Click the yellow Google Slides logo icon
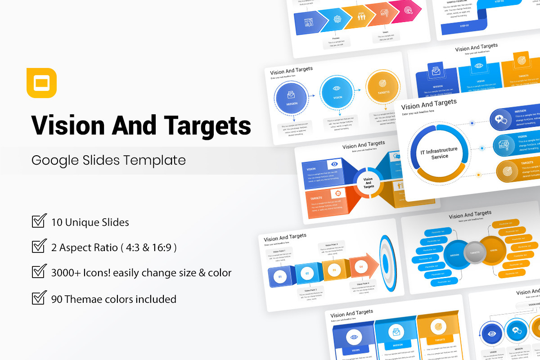coord(41,83)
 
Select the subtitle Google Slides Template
coord(108,160)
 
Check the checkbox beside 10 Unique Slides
coord(39,221)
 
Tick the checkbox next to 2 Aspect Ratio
coord(39,247)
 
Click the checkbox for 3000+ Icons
coord(39,272)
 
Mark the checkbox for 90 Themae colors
coord(39,298)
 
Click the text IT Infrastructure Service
coord(439,153)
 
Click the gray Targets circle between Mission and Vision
coord(474,252)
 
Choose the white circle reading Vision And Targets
coord(369,182)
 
